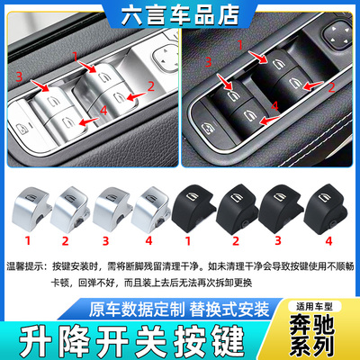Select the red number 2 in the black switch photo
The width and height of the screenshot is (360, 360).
point(330,87)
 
